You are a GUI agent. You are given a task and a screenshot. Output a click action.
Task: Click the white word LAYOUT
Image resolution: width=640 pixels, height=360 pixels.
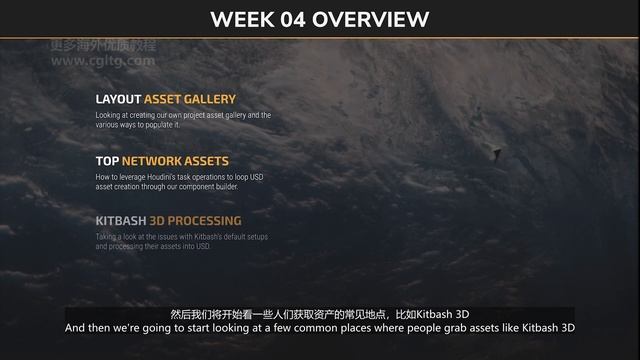(x=118, y=100)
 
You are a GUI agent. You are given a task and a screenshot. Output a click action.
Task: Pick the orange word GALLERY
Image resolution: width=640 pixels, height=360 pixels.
(x=210, y=100)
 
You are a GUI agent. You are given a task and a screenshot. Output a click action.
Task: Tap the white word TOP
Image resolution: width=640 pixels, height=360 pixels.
(x=107, y=160)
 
